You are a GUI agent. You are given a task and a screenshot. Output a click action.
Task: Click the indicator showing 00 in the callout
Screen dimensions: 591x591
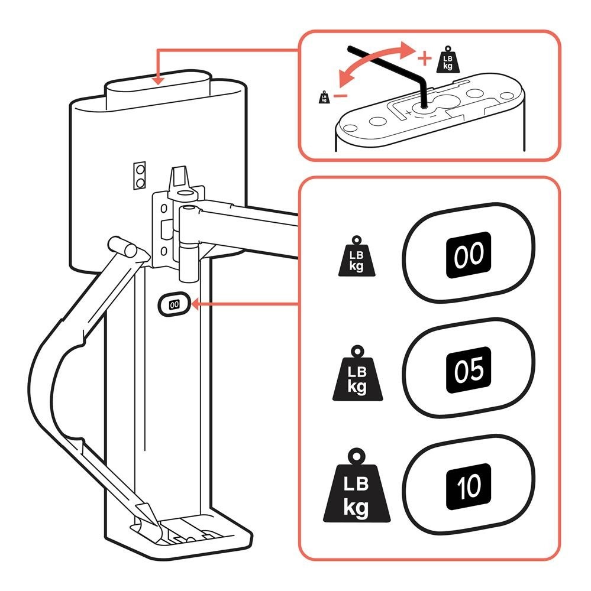469,254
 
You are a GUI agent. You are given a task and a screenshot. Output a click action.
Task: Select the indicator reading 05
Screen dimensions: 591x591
469,370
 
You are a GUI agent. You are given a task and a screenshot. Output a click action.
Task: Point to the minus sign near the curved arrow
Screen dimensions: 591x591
339,95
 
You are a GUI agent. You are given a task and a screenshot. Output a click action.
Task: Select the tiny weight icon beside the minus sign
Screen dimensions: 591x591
324,97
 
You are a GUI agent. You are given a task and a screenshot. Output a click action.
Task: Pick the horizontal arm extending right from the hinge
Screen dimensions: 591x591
248,228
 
